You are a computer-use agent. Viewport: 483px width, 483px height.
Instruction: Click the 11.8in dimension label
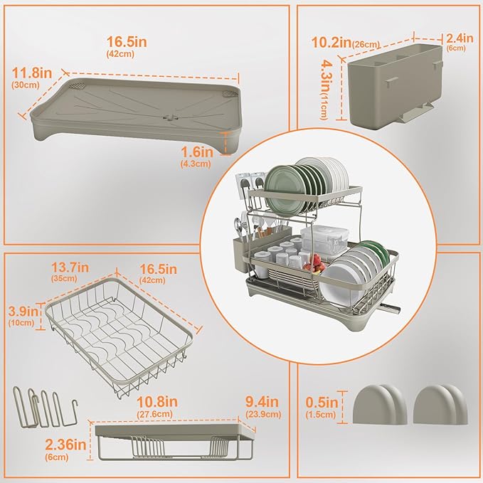click(32, 73)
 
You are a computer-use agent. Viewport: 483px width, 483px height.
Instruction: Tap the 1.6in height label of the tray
click(197, 152)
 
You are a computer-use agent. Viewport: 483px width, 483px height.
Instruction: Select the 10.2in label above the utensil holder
click(331, 42)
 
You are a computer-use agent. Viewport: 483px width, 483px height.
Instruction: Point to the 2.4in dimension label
click(460, 38)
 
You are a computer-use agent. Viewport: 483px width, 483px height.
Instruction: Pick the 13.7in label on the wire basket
click(70, 267)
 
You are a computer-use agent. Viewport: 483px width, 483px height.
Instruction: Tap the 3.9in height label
click(23, 312)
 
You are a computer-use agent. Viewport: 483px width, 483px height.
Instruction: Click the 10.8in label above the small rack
click(157, 402)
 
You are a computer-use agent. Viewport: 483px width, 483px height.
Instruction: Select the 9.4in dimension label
click(262, 402)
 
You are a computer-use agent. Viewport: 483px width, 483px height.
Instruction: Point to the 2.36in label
click(65, 445)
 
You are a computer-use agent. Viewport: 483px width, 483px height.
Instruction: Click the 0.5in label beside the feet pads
click(322, 403)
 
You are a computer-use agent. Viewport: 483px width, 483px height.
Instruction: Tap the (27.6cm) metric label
click(154, 414)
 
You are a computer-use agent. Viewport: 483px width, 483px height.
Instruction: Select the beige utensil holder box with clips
click(396, 87)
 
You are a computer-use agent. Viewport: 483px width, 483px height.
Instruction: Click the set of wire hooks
click(45, 407)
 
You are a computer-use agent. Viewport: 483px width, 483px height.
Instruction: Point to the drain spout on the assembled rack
click(391, 308)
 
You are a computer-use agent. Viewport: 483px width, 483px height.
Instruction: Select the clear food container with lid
click(324, 242)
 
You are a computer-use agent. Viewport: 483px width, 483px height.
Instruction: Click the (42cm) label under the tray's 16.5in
click(120, 53)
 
